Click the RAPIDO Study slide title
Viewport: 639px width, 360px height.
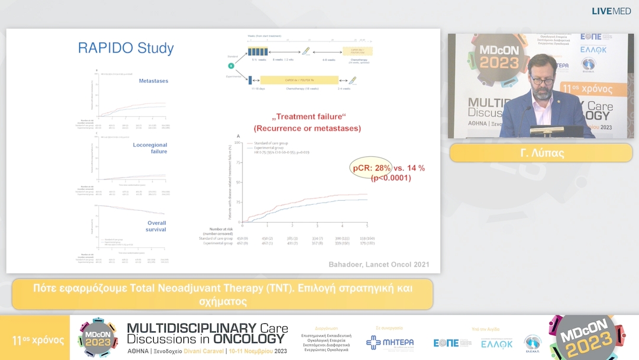(126, 49)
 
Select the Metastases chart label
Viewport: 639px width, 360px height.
(153, 81)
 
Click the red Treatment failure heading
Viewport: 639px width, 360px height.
(307, 123)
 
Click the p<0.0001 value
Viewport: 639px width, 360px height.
(390, 178)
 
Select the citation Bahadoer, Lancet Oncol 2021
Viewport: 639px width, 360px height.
(379, 264)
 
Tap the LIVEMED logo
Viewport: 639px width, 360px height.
(611, 11)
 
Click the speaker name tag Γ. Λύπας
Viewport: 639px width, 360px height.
(541, 153)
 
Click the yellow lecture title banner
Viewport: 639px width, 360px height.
(222, 294)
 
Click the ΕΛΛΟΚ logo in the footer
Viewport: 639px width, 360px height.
(496, 343)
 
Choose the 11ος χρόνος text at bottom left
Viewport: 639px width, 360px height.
(38, 340)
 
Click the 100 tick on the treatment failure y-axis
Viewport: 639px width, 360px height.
(238, 143)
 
